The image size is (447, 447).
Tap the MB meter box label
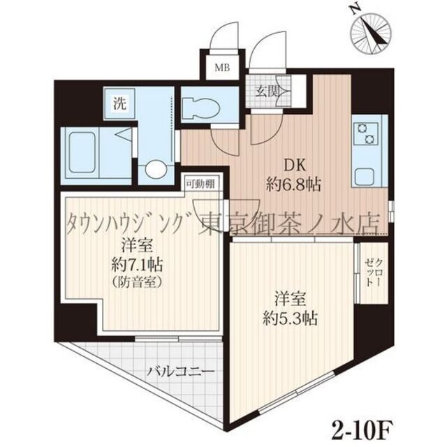tap(222, 68)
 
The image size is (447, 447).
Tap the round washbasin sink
tap(156, 170)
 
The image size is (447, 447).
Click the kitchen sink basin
tap(367, 175)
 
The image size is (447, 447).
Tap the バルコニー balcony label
tap(179, 372)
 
